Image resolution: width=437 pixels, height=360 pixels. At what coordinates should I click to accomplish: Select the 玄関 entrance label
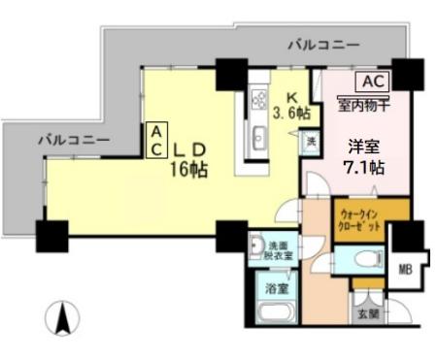(x=367, y=312)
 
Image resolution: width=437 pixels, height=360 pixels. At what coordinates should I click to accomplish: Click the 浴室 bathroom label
(x=276, y=288)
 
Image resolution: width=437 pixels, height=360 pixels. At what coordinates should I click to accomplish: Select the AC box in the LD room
(x=155, y=140)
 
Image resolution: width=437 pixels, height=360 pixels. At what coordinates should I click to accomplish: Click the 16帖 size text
(x=190, y=168)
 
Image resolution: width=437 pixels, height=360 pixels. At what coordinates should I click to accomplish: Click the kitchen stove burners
(x=259, y=98)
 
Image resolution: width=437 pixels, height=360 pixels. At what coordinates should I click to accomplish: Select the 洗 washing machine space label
(x=311, y=142)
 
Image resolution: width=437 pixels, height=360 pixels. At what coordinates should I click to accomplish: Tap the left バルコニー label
(x=74, y=140)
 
